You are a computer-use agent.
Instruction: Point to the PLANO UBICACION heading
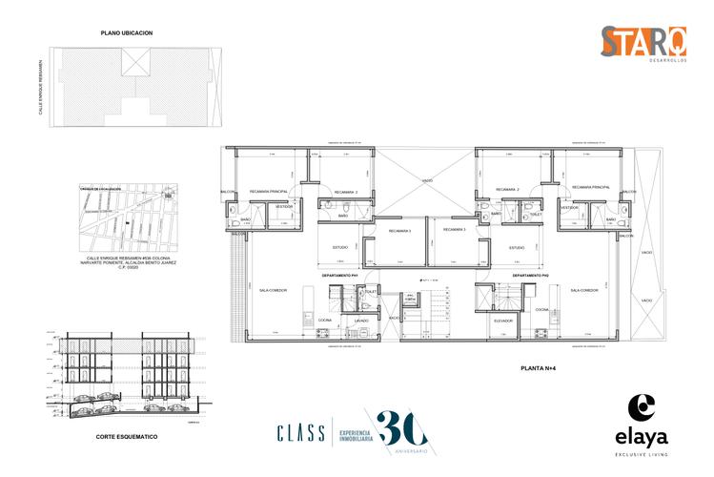(127, 32)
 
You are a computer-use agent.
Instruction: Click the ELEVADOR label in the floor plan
(503, 321)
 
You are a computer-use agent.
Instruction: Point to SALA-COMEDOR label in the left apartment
(273, 290)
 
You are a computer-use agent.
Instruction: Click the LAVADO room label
(361, 321)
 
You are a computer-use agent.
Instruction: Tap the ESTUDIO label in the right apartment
(517, 248)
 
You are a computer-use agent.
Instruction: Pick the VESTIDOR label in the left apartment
(283, 206)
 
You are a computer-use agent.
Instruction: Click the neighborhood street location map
(125, 218)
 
